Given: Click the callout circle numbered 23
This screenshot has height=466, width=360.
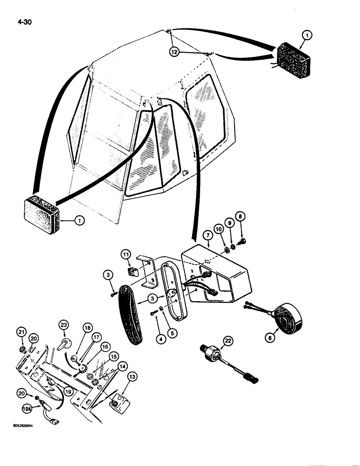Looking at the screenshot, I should coord(63,324).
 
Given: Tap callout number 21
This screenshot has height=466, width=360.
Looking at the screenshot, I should coord(21,332).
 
